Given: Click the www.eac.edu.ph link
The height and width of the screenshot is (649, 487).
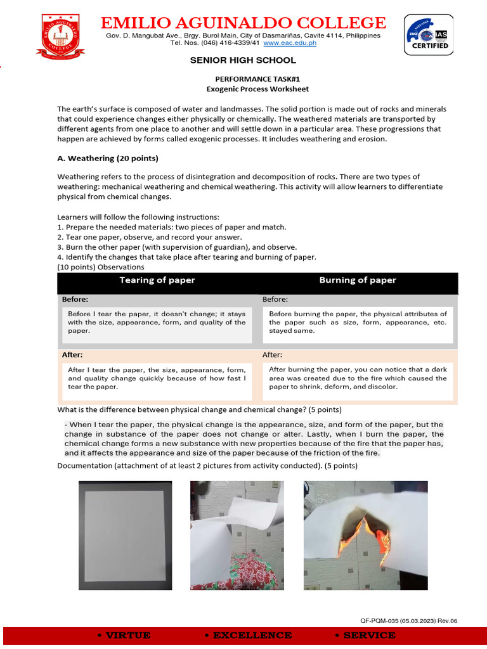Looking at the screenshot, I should (289, 43).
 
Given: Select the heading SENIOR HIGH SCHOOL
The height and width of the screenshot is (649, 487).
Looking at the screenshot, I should (243, 60).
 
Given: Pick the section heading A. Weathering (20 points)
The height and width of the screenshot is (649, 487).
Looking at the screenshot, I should (108, 158).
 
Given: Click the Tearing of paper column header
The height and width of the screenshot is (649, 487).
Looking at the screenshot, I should (157, 280).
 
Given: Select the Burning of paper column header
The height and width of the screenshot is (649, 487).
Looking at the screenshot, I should (358, 280).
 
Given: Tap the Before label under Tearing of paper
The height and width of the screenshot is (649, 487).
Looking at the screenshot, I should (75, 299).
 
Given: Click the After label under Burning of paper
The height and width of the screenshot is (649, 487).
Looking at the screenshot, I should (273, 355).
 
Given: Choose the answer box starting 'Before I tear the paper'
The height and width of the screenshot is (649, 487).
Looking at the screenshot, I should (157, 322).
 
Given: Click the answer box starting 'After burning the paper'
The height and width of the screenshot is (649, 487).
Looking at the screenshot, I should (358, 378).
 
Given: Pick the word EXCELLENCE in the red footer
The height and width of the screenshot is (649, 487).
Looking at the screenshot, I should (248, 635).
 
